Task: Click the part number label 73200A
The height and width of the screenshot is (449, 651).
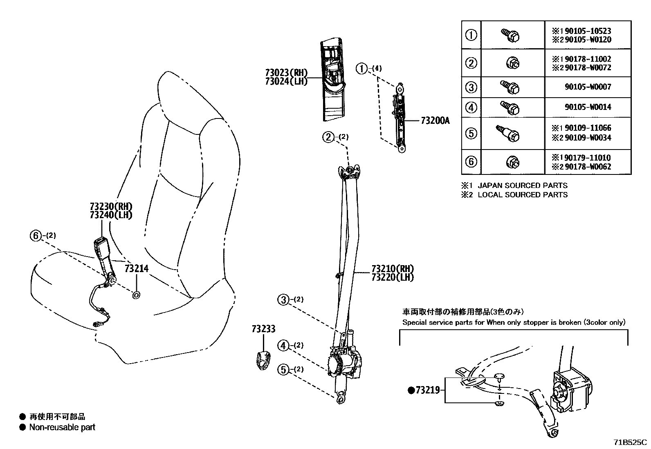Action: (x=435, y=121)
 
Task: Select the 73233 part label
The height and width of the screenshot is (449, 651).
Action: (x=263, y=329)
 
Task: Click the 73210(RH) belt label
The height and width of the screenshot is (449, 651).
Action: (x=392, y=269)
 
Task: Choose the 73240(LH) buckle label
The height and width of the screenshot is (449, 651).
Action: (x=111, y=215)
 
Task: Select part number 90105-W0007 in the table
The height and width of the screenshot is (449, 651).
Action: (x=588, y=87)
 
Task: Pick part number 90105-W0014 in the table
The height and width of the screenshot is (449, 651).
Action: (x=588, y=107)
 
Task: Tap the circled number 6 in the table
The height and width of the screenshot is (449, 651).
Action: (x=471, y=161)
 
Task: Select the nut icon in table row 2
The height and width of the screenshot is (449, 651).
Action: (x=513, y=63)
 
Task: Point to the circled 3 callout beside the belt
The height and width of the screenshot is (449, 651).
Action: (x=283, y=300)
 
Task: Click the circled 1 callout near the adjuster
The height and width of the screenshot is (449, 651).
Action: (x=361, y=68)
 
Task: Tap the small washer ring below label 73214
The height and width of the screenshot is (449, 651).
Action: (x=136, y=295)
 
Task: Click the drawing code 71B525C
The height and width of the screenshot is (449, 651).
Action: (x=630, y=442)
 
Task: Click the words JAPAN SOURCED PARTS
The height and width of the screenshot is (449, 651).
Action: (x=522, y=185)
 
